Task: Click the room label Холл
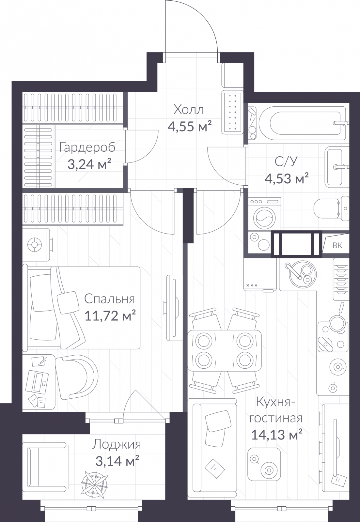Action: click(189, 110)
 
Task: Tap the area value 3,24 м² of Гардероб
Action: click(89, 164)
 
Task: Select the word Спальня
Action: click(109, 299)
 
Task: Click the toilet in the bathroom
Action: click(331, 208)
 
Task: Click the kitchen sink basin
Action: click(303, 274)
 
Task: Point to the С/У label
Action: click(286, 161)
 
